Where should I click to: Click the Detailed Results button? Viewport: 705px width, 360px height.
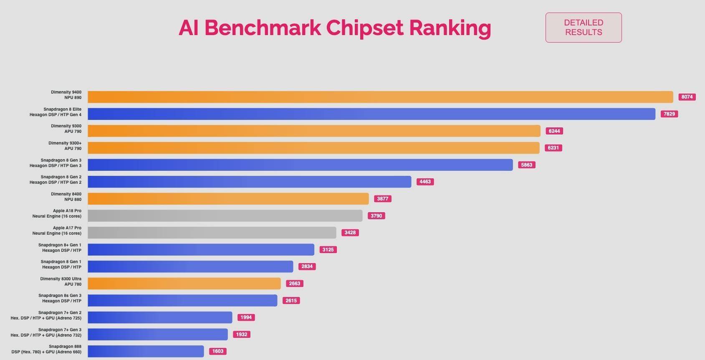coord(583,28)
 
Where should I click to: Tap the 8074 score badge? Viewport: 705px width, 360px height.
coord(687,97)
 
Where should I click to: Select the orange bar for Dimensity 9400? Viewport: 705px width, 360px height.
coord(380,97)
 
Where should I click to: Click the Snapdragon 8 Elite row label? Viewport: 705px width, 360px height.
coord(56,112)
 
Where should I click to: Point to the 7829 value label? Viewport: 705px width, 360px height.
coord(669,114)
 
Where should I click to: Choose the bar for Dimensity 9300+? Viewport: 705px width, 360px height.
coord(313,148)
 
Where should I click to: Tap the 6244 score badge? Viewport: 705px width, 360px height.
coord(554,131)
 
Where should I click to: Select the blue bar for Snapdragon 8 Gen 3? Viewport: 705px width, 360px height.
coord(300,165)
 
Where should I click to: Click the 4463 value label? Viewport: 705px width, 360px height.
coord(425,182)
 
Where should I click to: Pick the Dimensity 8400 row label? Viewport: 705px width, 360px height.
coord(66,197)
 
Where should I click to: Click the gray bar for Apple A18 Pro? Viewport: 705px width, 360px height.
coord(225,216)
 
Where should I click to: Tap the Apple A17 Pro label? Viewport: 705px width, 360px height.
coord(57,231)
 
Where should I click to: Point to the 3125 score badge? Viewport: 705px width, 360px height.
coord(328,250)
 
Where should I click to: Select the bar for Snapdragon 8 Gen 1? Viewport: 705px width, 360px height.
coord(190,266)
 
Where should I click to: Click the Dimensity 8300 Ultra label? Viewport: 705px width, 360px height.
coord(61,281)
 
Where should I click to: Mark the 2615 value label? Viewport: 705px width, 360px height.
coord(291,301)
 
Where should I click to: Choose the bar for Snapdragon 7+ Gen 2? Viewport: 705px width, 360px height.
coord(159,317)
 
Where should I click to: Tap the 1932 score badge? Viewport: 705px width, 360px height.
coord(242,335)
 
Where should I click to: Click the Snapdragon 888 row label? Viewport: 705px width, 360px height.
coord(47,349)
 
